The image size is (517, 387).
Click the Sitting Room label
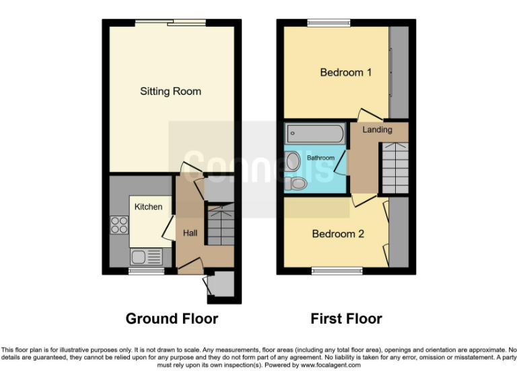click(170, 91)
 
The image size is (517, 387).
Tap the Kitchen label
click(148, 207)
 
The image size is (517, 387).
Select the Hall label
click(191, 233)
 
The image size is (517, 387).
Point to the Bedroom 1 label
click(345, 73)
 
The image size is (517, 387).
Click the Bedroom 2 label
click(338, 234)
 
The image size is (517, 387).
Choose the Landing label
click(377, 130)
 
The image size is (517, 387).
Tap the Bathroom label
click(321, 158)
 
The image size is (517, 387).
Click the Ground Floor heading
click(172, 318)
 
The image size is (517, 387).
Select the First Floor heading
click(346, 318)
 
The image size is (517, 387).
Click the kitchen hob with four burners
click(119, 224)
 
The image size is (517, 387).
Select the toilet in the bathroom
click(296, 183)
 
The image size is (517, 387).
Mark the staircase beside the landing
click(395, 168)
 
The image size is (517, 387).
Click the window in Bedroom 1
click(329, 24)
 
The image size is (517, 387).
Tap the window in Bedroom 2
click(337, 271)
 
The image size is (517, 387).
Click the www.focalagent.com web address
click(330, 365)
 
